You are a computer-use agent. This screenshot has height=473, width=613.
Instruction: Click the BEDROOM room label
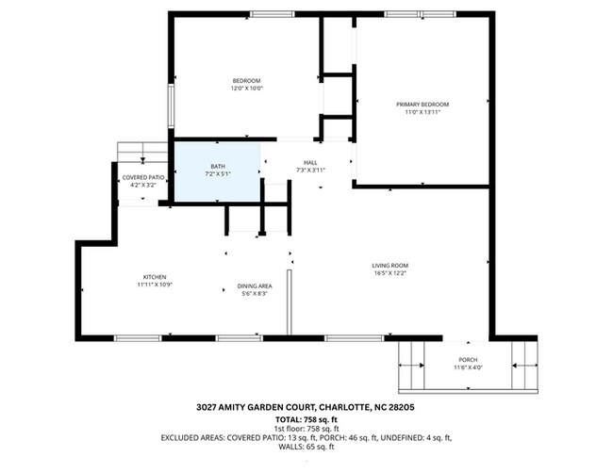[x=246, y=81]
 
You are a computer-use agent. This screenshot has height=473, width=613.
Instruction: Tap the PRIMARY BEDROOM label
[x=422, y=104]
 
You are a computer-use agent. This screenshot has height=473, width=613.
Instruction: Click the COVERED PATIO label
[x=143, y=177]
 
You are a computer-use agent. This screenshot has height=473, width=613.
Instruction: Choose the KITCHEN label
[x=155, y=276]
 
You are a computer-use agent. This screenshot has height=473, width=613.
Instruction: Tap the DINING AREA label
[x=255, y=285]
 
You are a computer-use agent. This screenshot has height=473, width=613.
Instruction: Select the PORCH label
[x=469, y=360]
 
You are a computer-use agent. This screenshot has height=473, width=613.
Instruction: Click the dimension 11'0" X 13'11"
[x=422, y=112]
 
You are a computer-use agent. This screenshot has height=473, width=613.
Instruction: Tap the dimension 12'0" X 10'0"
[x=246, y=90]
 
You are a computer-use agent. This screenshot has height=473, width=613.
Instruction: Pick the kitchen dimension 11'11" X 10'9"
[x=155, y=285]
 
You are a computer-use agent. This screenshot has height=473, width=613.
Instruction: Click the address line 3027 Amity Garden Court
[x=306, y=408]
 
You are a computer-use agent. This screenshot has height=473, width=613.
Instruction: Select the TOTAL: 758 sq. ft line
[x=306, y=418]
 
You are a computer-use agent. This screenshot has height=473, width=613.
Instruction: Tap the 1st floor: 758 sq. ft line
[x=306, y=428]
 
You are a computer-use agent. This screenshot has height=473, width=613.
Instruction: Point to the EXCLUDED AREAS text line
[x=306, y=437]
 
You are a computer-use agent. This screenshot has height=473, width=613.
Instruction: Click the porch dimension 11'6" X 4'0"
[x=469, y=368]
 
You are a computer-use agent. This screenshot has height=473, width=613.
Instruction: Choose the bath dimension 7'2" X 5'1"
[x=217, y=174]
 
